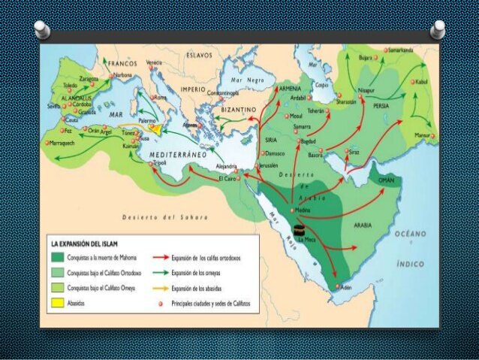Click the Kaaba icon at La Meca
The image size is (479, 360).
[300, 228]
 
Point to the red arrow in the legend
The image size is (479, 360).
[164, 259]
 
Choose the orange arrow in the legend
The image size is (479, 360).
[164, 289]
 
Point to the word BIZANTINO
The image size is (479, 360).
[239, 110]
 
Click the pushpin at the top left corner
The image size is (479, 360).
[41, 29]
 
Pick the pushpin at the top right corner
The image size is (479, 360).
[438, 29]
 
